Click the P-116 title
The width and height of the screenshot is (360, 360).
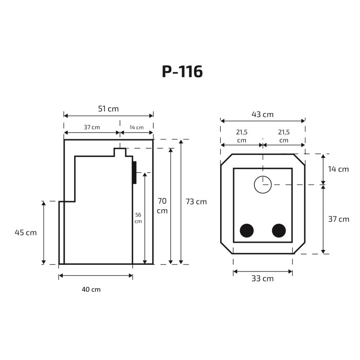[182, 71]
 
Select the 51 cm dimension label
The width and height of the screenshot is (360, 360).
[109, 109]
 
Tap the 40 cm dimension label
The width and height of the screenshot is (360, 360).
[91, 289]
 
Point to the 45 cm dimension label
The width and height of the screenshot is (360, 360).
[26, 232]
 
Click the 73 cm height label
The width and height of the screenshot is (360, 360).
[196, 202]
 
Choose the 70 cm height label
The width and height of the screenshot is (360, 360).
[162, 206]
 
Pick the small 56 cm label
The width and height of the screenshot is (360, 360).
[138, 218]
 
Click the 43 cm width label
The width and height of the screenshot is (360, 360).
[263, 114]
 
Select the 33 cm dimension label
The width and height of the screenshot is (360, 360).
[263, 279]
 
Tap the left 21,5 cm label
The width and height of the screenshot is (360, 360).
[242, 136]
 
